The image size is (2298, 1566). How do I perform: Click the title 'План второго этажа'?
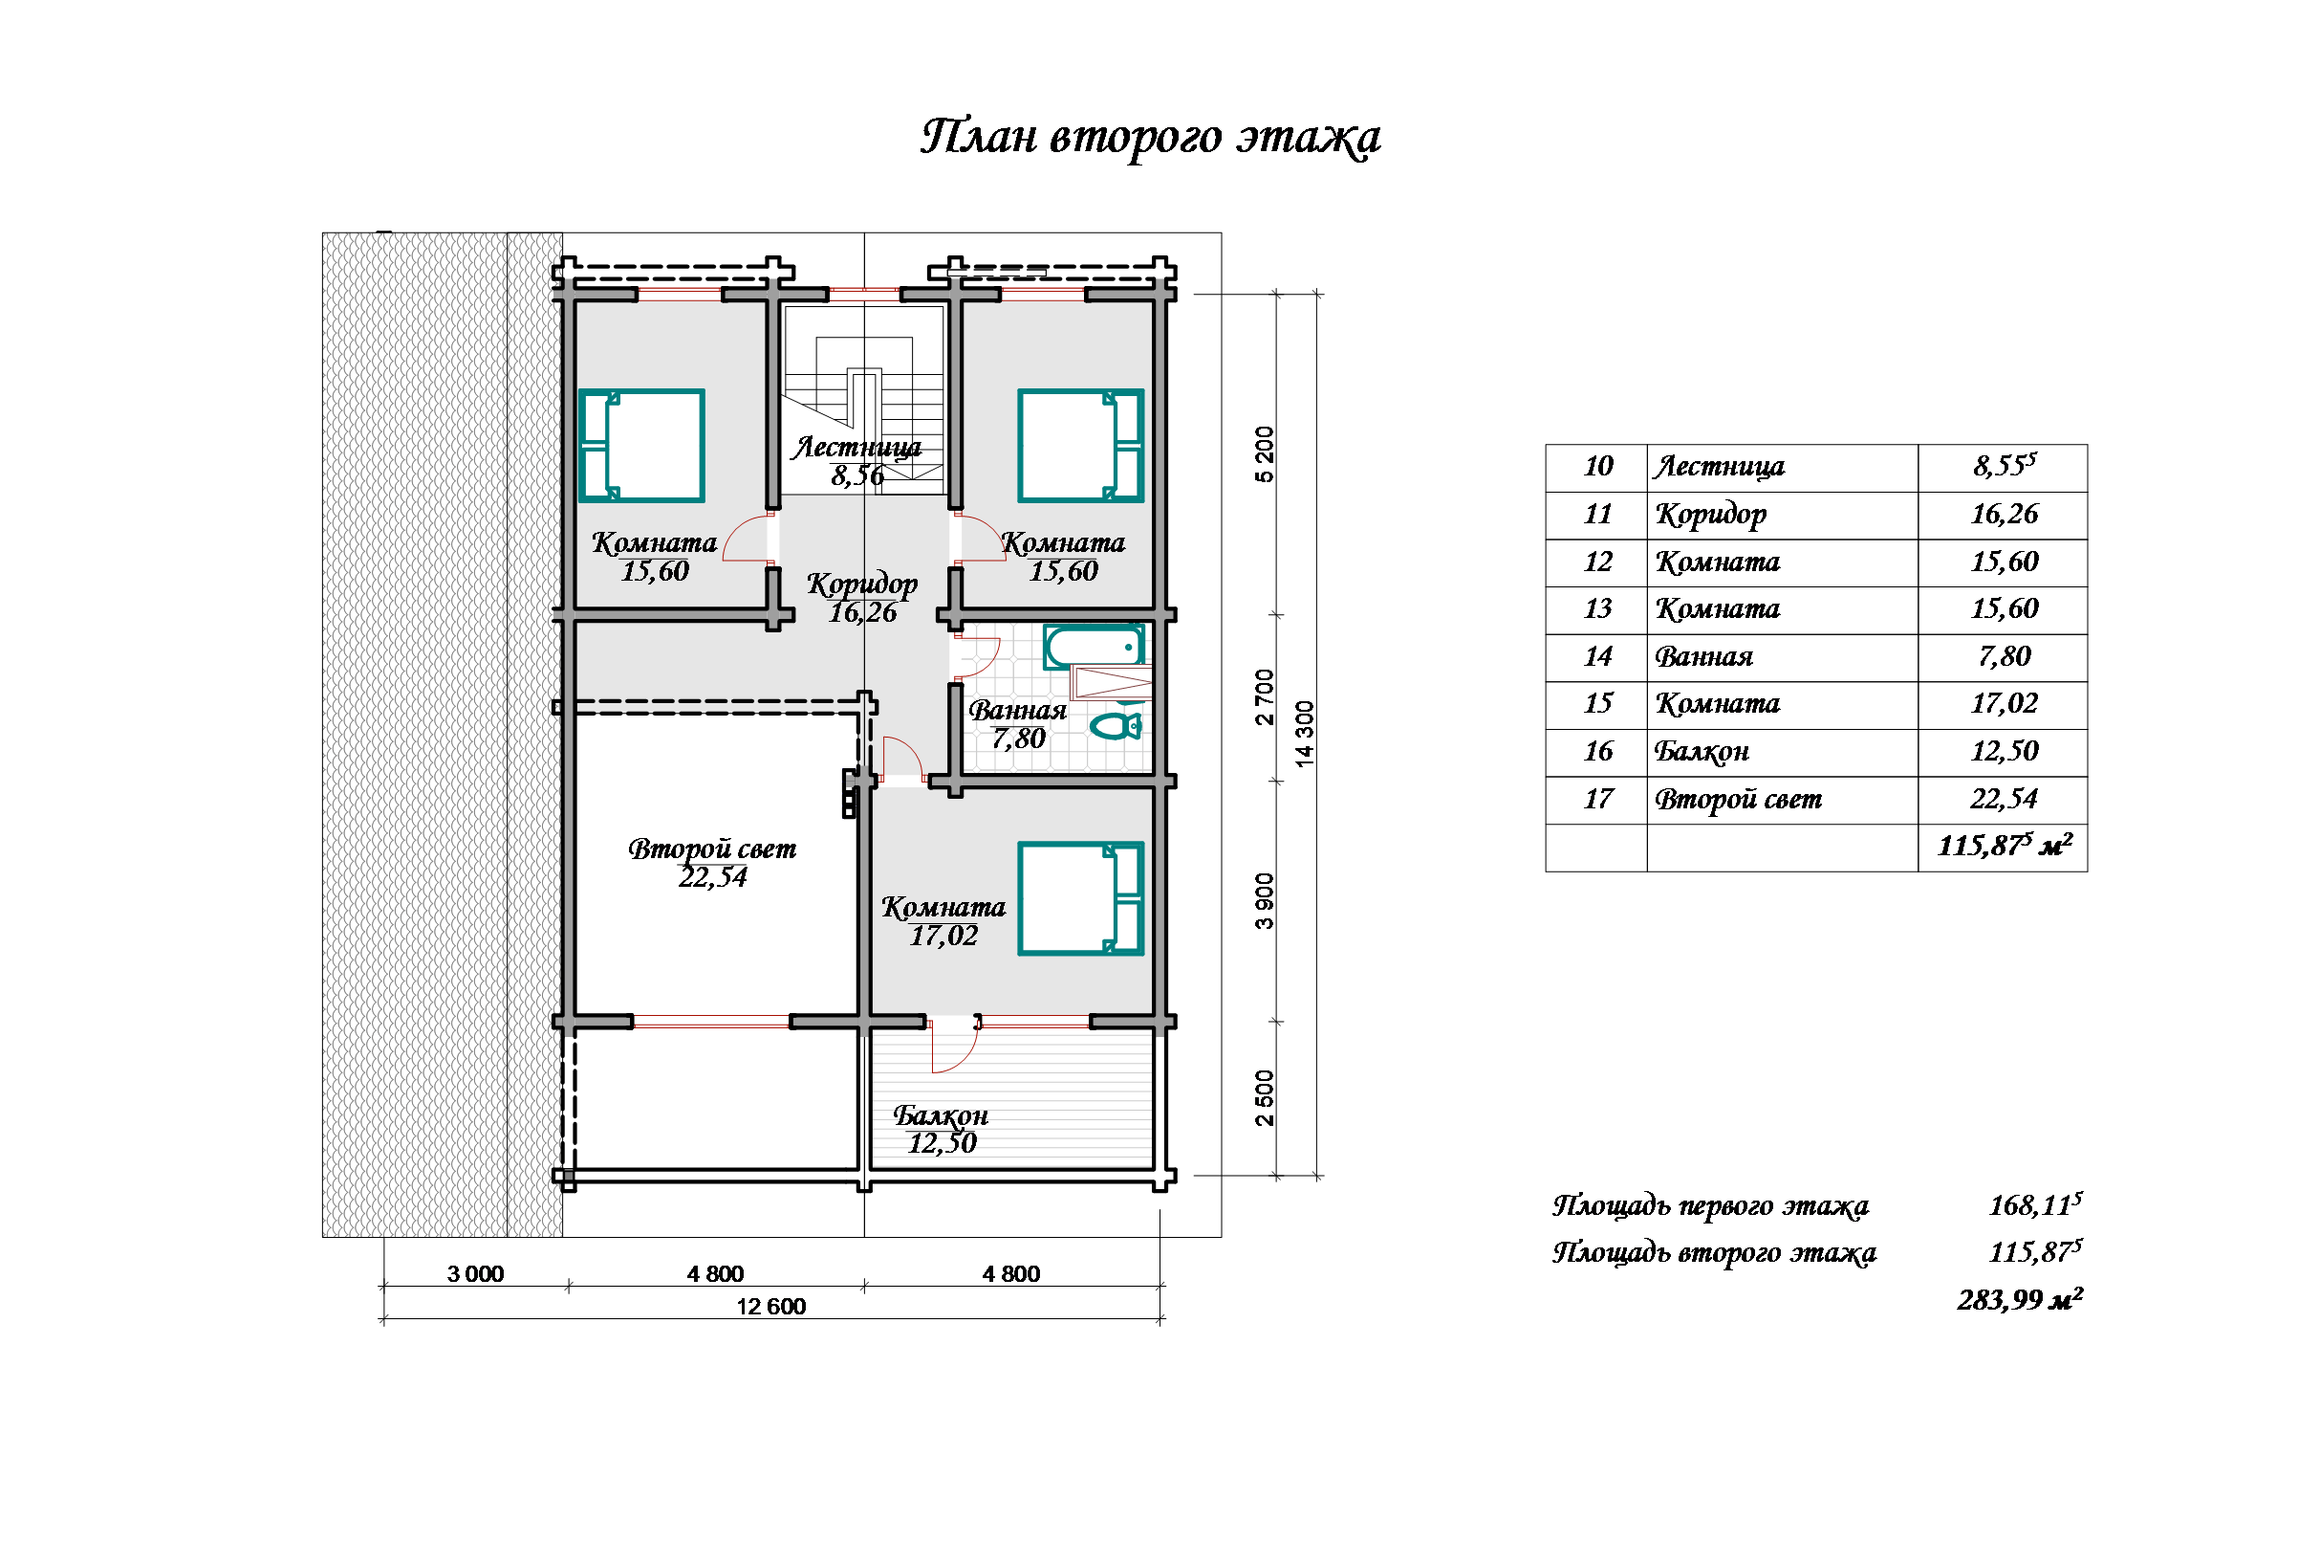1150,138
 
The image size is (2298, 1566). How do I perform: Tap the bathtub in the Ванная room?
1094,647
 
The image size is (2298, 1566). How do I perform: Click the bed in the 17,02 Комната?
1081,898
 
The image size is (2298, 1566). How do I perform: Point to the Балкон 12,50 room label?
941,1129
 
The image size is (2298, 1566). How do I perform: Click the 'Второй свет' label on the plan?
712,849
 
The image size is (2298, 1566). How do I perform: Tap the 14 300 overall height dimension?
1305,734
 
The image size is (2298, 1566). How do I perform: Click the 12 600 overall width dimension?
770,1306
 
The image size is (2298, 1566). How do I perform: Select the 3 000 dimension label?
475,1273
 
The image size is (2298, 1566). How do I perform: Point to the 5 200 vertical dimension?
1265,454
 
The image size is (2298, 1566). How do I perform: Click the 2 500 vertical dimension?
1265,1098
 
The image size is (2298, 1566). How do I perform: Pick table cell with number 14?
1597,657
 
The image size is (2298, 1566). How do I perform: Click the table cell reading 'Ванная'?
1703,657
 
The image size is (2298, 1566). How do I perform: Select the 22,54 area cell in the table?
2004,800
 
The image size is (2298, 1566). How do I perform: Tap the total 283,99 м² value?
2019,1299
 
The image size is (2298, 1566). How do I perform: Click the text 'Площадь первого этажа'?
1710,1206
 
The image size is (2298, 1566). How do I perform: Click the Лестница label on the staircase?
856,448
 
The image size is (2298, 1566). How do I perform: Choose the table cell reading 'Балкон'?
1702,752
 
